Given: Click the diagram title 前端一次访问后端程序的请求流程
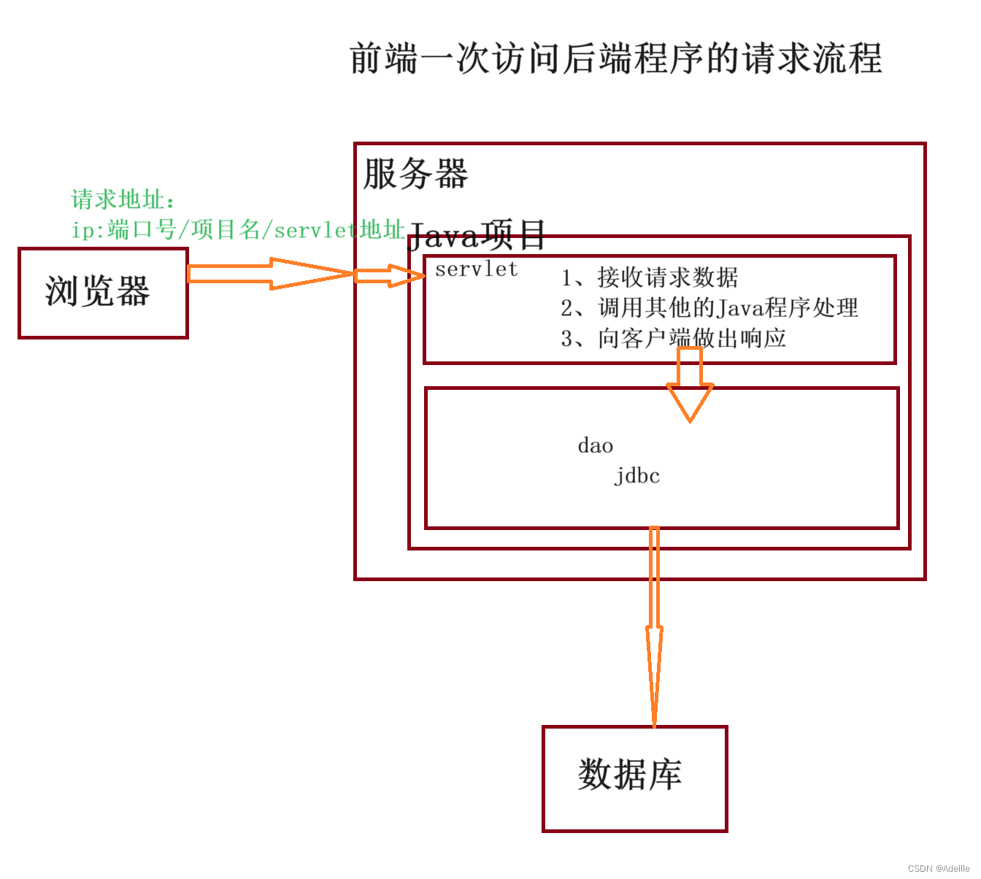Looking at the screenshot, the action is [615, 59].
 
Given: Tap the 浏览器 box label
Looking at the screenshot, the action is [98, 291].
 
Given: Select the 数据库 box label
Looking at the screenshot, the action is [630, 775].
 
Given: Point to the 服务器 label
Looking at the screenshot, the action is [415, 174].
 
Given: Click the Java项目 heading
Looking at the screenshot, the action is [476, 235].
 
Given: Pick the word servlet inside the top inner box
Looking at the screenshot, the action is [476, 269].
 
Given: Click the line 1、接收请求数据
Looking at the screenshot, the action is [650, 277].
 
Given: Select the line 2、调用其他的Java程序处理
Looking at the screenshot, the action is [709, 308].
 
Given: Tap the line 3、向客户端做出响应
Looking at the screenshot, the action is [673, 339].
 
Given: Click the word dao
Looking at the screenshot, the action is [595, 445].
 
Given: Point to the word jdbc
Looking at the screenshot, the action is [636, 475].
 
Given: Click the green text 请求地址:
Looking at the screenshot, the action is [123, 199].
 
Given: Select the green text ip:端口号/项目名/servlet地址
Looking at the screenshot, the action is [238, 230].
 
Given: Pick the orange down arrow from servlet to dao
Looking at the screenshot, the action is [690, 387].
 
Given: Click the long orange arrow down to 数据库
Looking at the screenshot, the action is [654, 628].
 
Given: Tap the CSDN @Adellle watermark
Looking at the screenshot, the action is [939, 868].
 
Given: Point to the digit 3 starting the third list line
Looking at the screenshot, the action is [567, 339].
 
